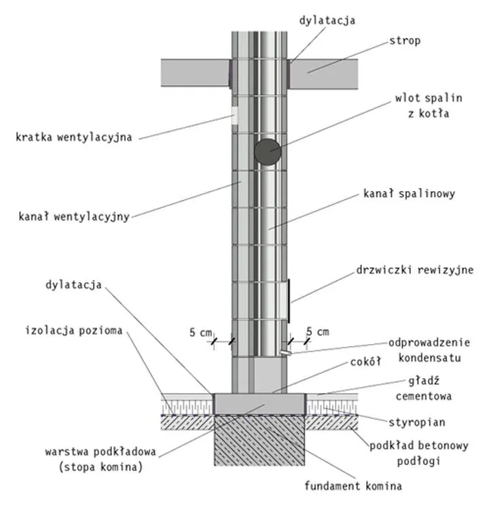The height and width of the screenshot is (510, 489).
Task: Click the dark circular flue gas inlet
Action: point(267,152)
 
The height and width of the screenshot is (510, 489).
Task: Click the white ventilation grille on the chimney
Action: point(235,115)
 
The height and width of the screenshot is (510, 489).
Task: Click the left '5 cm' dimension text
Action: point(200,332)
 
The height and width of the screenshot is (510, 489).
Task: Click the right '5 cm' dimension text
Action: point(318,332)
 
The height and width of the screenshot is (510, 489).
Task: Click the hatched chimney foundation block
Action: point(259,442)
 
